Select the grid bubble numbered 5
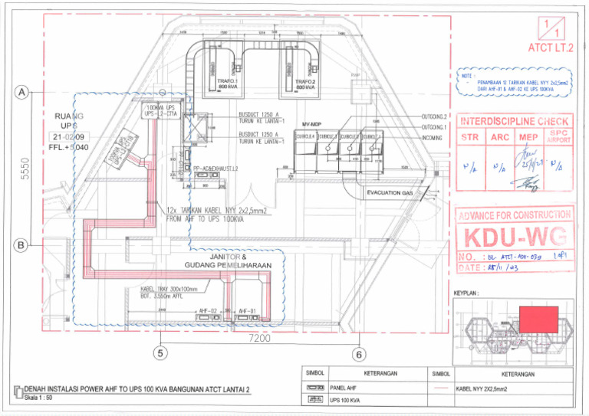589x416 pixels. click(160, 353)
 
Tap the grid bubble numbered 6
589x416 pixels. click(358, 355)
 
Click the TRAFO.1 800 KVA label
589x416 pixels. click(228, 84)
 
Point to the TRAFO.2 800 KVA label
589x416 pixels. click(306, 84)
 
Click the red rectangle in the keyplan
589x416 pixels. click(538, 319)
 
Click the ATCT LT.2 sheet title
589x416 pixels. click(549, 48)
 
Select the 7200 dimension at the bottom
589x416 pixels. click(258, 338)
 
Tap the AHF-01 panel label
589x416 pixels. click(246, 311)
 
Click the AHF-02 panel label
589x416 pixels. click(207, 311)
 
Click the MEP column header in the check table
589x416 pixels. click(528, 138)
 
